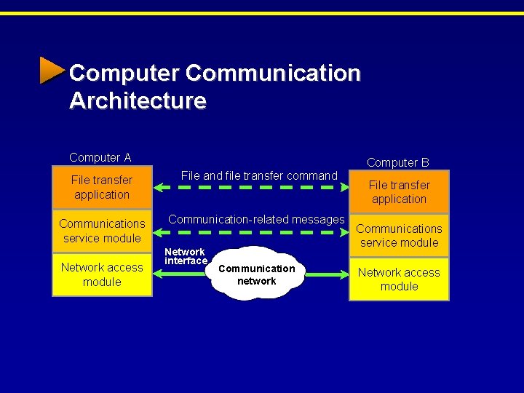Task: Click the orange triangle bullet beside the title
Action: coord(52,71)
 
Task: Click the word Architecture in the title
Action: coord(138,100)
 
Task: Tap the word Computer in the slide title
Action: coord(123,74)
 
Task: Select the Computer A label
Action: coord(100,157)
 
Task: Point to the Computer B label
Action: coord(397,162)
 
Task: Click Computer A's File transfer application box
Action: coord(102,187)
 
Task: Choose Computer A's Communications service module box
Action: coord(102,231)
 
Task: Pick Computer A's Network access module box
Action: coord(102,274)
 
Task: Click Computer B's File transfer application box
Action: coord(399,191)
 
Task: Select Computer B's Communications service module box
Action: coord(399,235)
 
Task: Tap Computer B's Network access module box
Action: coord(399,279)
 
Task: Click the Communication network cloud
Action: coord(256,274)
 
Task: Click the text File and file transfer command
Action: coord(259,175)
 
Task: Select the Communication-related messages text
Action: coord(256,219)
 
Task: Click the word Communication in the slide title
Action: coord(273,74)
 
